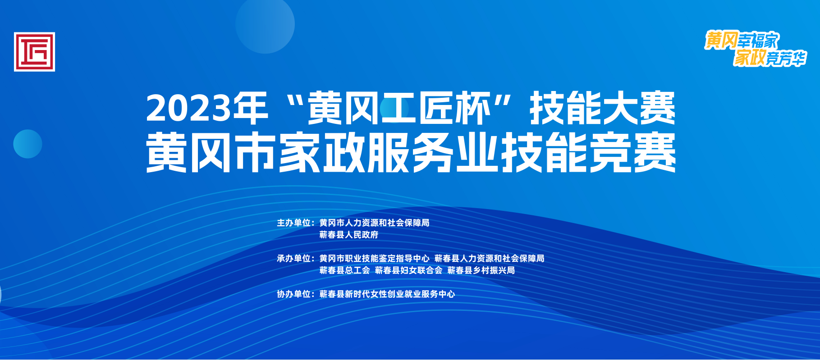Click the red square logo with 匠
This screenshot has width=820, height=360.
click(x=34, y=52)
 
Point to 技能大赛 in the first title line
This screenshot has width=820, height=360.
click(x=602, y=108)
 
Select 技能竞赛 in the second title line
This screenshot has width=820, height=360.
click(x=589, y=153)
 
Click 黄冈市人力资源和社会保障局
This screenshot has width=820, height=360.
click(x=374, y=223)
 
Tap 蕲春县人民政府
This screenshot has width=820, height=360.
click(x=349, y=235)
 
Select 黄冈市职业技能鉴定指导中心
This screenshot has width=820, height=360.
click(x=374, y=258)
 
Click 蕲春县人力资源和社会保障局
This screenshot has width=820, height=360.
click(x=489, y=258)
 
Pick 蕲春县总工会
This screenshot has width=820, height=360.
click(x=344, y=270)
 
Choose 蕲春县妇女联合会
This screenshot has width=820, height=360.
click(x=408, y=270)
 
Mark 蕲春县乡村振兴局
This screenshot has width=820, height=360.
click(x=481, y=270)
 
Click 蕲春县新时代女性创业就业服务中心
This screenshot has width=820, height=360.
click(x=387, y=294)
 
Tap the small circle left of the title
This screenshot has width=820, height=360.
click(x=27, y=144)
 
